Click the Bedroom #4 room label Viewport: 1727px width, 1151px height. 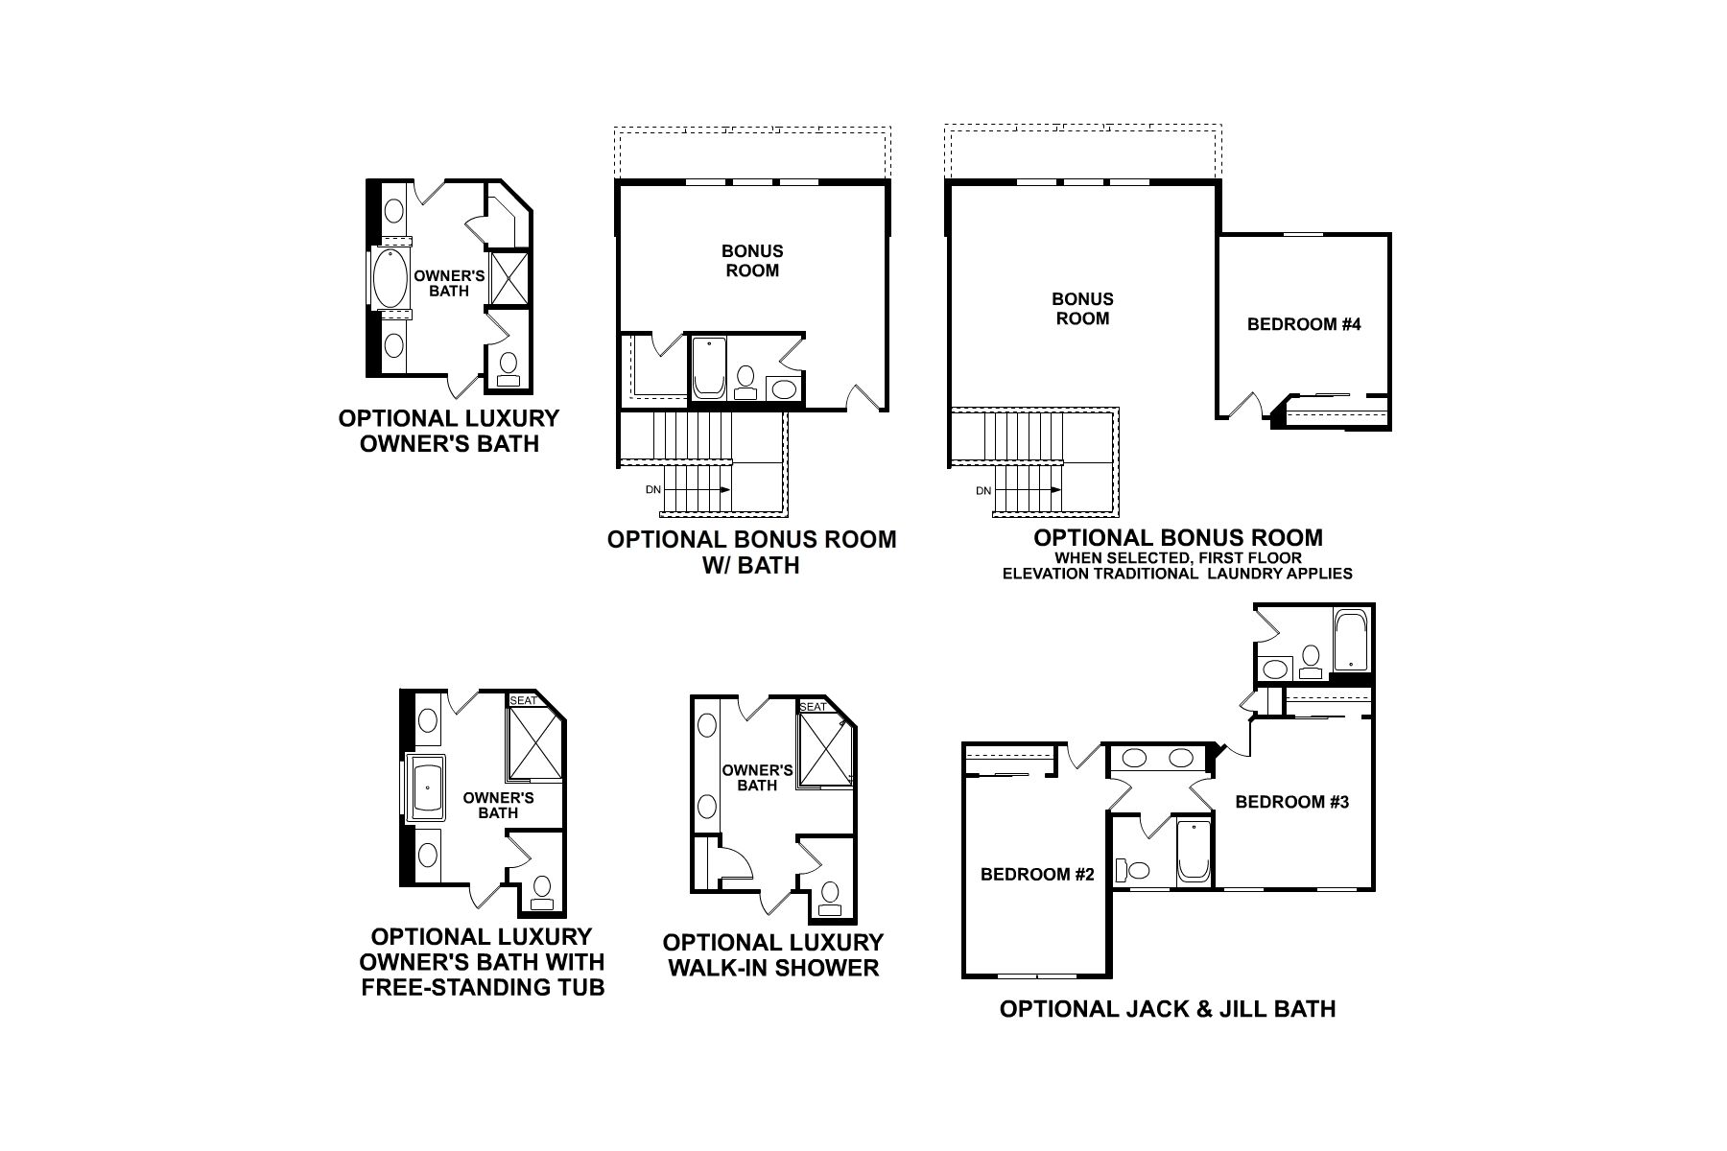[x=1304, y=324]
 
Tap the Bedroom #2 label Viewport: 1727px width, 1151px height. [x=1037, y=874]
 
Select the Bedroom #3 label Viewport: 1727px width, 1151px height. [x=1291, y=802]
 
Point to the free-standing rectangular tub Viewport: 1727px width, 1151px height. [x=427, y=788]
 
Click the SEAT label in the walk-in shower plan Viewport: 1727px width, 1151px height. [x=813, y=707]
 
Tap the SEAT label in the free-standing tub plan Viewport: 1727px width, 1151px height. [x=523, y=700]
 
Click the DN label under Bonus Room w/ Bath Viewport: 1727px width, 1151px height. [x=653, y=490]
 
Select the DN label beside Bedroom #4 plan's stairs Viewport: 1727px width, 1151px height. [x=983, y=491]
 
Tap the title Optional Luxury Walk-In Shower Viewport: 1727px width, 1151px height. [x=773, y=955]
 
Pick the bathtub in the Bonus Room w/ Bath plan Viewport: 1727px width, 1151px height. [x=710, y=366]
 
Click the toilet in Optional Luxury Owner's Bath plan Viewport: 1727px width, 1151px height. [x=509, y=366]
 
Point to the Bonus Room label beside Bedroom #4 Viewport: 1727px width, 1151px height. [x=1082, y=309]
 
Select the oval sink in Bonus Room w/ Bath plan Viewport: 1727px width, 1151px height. [x=783, y=388]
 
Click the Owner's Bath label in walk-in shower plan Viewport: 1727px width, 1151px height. [x=757, y=778]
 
